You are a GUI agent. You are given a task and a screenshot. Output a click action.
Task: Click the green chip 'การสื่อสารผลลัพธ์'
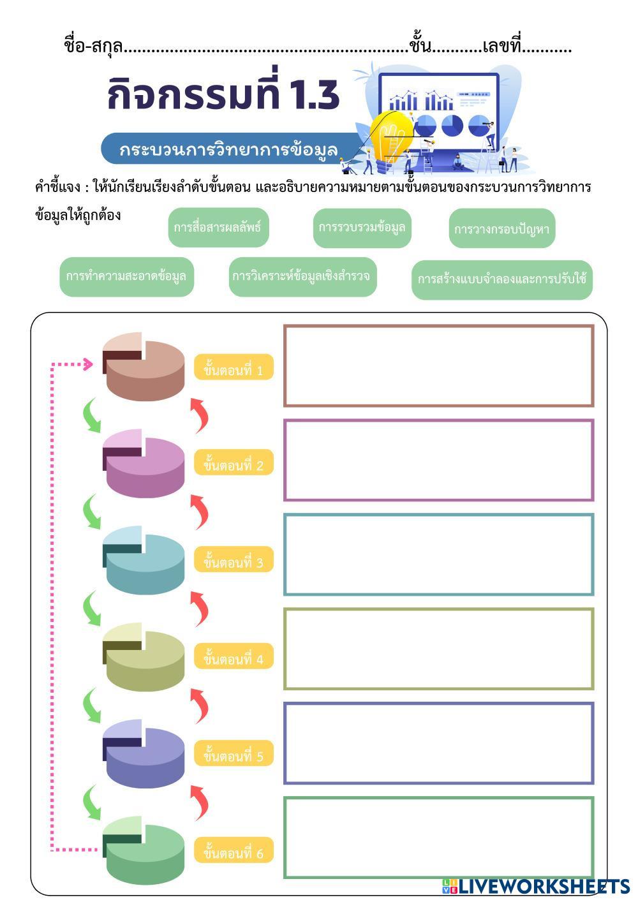click(x=218, y=227)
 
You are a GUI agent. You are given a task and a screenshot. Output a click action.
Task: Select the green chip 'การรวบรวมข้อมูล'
click(x=362, y=228)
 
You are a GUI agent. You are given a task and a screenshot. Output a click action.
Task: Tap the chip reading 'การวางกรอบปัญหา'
click(x=502, y=228)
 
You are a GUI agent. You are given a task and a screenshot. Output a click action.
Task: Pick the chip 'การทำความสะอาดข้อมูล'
click(x=126, y=277)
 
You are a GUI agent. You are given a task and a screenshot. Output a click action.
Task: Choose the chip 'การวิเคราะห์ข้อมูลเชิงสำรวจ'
click(x=302, y=277)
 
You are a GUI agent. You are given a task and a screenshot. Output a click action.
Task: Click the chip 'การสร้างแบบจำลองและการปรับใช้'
click(x=502, y=279)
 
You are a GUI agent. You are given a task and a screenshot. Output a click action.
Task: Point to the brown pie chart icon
click(x=144, y=368)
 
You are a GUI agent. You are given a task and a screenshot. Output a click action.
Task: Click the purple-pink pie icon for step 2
click(x=144, y=464)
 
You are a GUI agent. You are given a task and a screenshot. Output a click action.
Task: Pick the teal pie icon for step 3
click(x=144, y=561)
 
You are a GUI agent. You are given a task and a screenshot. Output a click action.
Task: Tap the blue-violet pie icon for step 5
click(x=144, y=755)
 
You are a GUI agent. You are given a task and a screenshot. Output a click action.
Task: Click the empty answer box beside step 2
click(x=438, y=460)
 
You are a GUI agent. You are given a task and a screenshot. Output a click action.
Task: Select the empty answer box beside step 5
click(x=438, y=743)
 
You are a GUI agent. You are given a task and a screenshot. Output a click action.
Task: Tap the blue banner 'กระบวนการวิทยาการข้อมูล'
click(x=228, y=149)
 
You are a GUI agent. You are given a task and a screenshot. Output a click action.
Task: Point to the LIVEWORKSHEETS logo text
click(x=543, y=886)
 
